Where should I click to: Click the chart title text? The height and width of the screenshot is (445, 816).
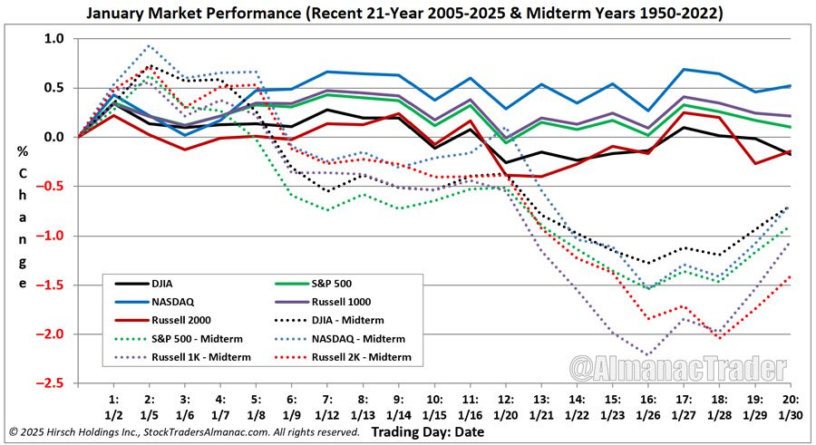[x=408, y=14]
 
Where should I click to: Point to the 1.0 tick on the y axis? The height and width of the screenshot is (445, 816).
[x=54, y=39]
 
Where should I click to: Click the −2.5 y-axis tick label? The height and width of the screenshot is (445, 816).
[x=53, y=382]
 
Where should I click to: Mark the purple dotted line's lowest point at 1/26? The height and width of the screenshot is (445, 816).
[x=646, y=354]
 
